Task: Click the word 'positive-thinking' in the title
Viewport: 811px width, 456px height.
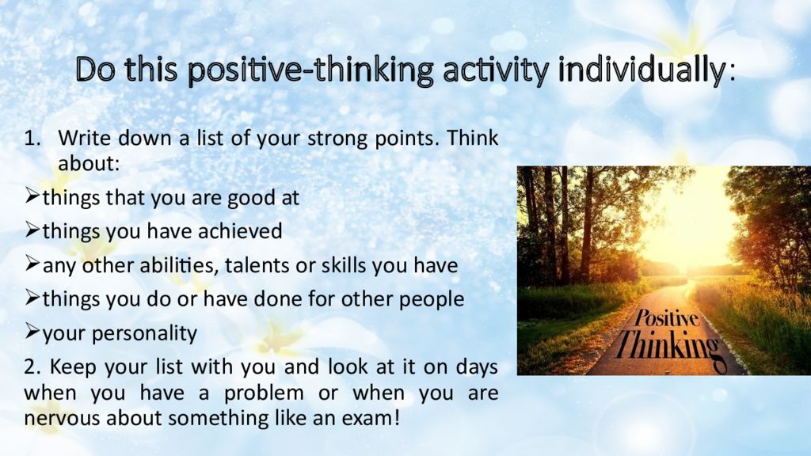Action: tap(310, 70)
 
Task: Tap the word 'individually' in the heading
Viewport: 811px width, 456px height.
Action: tap(642, 70)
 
